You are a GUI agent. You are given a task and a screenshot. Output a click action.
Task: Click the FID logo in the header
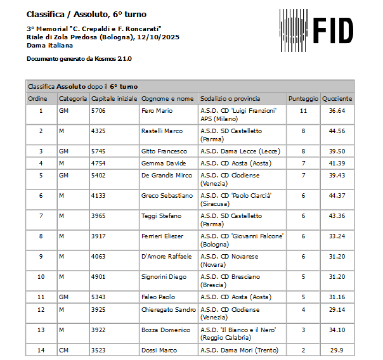pos(317,29)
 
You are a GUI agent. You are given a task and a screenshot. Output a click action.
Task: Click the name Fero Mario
pos(157,110)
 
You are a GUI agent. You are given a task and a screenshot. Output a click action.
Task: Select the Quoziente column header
pos(337,99)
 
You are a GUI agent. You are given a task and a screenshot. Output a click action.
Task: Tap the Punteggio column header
pos(303,99)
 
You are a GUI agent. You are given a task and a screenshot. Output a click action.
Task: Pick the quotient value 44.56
pos(337,131)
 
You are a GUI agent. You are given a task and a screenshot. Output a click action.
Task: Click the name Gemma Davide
pos(160,164)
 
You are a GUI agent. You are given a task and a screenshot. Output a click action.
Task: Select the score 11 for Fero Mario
pos(303,110)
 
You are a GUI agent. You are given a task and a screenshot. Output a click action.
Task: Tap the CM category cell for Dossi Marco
pos(63,350)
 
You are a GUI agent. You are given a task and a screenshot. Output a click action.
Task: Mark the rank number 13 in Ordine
pos(41,330)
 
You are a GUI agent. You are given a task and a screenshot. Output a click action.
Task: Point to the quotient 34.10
pos(337,330)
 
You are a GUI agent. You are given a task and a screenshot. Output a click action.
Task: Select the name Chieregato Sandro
pos(168,310)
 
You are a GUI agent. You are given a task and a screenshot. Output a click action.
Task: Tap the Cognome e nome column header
pos(167,99)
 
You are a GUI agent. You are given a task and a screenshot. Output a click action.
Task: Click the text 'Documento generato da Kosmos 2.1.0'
pos(79,59)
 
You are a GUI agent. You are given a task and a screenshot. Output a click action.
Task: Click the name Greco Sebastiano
pos(167,196)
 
